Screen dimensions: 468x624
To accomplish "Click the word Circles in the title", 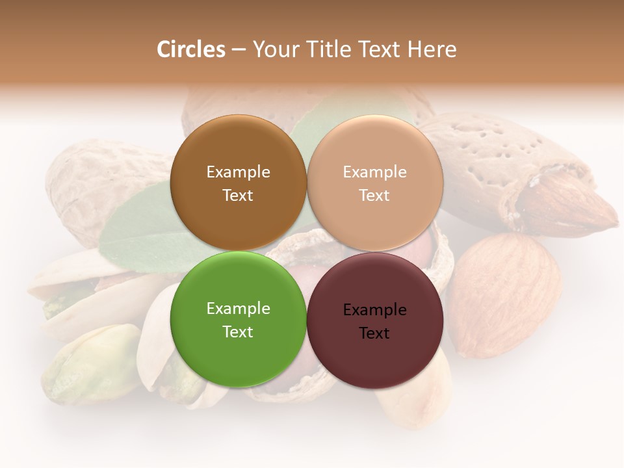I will tap(190, 49).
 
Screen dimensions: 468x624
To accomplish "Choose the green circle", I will tap(238, 351).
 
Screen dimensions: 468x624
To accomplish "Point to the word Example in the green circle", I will tap(238, 309).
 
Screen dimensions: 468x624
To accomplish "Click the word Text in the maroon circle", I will tap(374, 333).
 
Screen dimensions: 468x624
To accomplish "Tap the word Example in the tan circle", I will tap(374, 172).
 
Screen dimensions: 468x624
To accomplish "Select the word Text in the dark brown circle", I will tap(238, 196).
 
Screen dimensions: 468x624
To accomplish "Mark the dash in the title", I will tap(239, 50).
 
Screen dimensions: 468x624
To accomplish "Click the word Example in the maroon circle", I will tap(374, 310).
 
